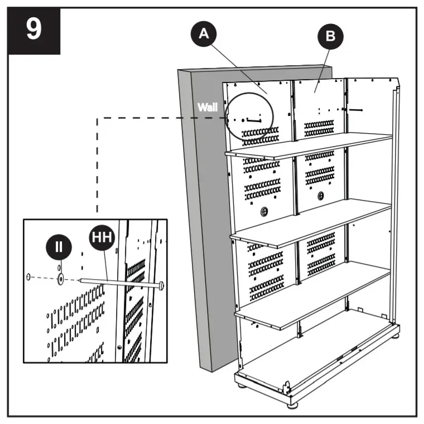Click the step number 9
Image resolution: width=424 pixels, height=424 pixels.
click(x=33, y=30)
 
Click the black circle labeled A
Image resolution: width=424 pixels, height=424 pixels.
click(x=204, y=33)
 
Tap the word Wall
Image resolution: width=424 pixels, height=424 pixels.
click(x=208, y=108)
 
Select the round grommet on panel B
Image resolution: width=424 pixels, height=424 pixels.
click(x=321, y=196)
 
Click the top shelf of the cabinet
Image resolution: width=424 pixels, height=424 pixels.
click(x=307, y=146)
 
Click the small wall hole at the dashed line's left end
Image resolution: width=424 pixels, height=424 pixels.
click(x=28, y=276)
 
